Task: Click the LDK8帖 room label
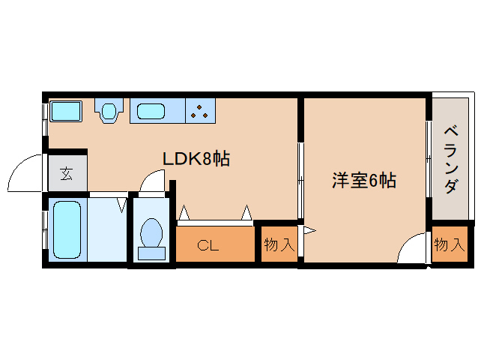click(196, 159)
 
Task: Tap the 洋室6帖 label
click(364, 181)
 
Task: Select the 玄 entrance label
click(67, 174)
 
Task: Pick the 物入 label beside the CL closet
click(279, 244)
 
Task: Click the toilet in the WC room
click(152, 234)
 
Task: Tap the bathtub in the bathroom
click(64, 228)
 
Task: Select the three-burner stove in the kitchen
click(200, 112)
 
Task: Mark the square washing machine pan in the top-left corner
click(65, 112)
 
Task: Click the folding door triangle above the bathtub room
click(122, 202)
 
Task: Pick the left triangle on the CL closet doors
click(184, 215)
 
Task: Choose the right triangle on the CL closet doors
click(246, 214)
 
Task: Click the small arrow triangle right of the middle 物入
click(309, 230)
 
